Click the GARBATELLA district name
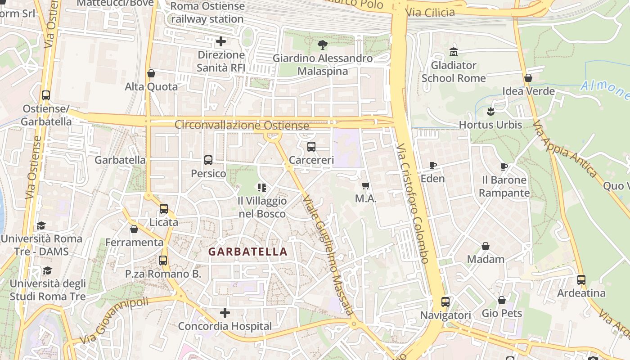(247, 252)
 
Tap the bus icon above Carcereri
(311, 146)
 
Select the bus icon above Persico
(208, 160)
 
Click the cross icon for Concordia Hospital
(225, 312)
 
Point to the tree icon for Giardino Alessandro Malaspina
(322, 45)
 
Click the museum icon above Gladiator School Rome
(453, 52)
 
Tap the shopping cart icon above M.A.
(366, 185)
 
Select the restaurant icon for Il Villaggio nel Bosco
(261, 187)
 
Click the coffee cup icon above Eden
(432, 165)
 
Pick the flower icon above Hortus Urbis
(490, 111)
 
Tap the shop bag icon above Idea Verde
(528, 78)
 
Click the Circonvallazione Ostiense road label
(242, 125)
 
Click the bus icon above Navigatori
(445, 301)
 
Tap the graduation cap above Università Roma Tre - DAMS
(41, 225)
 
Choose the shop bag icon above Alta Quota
(151, 73)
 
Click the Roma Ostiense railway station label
(207, 13)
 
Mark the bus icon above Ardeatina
(581, 279)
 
